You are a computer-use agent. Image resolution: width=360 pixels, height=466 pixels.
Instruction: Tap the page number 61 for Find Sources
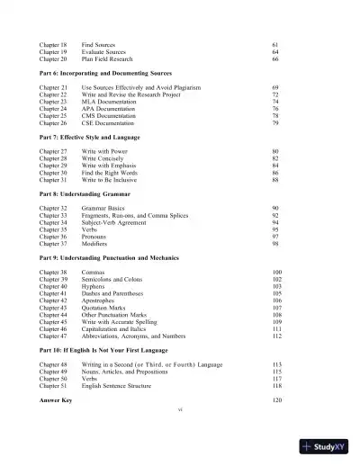click(x=274, y=43)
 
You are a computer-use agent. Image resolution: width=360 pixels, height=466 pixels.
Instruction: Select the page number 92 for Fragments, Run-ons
click(x=275, y=217)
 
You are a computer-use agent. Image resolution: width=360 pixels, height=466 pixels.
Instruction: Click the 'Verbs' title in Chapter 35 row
click(x=90, y=231)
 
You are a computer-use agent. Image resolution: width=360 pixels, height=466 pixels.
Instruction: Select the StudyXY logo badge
click(x=328, y=446)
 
